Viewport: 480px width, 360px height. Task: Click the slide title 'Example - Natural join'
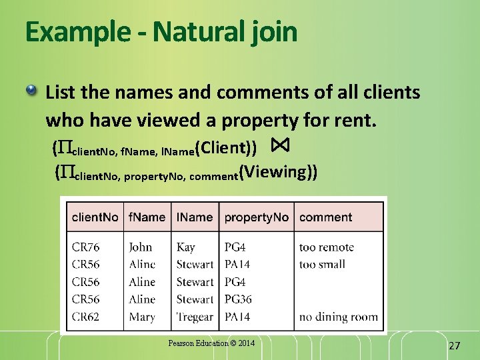click(x=161, y=32)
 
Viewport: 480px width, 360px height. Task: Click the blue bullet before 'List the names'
click(x=32, y=91)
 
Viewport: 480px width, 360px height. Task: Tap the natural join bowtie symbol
click(x=279, y=145)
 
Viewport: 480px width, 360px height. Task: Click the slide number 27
click(x=455, y=345)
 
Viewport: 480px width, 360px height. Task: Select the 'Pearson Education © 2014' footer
click(x=211, y=343)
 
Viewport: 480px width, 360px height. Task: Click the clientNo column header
click(x=95, y=217)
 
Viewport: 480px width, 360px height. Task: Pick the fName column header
click(x=147, y=217)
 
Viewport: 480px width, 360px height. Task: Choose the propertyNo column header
click(x=256, y=217)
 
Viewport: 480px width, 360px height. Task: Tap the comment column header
click(x=325, y=217)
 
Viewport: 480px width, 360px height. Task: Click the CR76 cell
click(x=85, y=247)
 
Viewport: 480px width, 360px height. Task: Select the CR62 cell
click(x=85, y=317)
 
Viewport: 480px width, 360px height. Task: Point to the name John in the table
click(x=141, y=247)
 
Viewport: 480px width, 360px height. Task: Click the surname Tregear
click(x=195, y=317)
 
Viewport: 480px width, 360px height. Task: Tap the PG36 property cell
click(x=238, y=299)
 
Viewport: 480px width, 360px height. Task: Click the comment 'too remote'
click(x=327, y=247)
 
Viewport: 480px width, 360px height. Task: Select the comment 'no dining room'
click(x=338, y=317)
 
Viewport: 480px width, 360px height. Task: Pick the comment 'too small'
click(x=322, y=265)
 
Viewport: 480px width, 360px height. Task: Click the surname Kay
click(x=185, y=247)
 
